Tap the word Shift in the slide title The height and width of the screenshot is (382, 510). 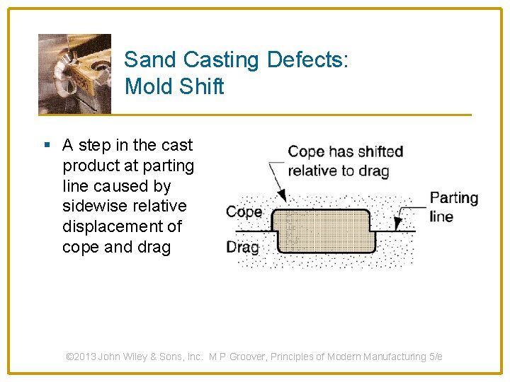[202, 87]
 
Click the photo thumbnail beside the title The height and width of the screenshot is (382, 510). [74, 74]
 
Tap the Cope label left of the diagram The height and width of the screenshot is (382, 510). [244, 212]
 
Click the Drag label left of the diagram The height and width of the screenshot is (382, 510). [242, 248]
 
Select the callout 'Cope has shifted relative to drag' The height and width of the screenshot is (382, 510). [345, 161]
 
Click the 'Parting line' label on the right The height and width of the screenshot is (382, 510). [453, 207]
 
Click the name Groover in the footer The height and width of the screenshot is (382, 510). [254, 357]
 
